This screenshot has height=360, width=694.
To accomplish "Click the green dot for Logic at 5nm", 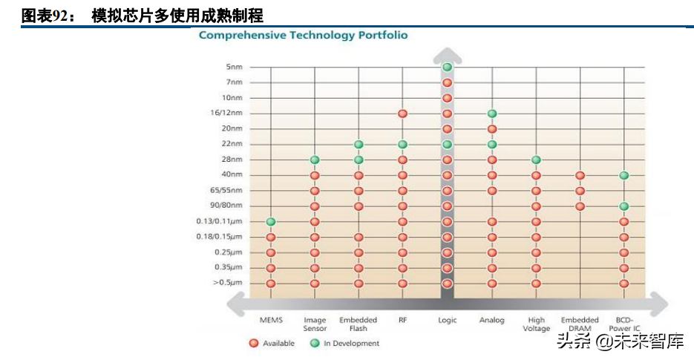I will coord(447,68).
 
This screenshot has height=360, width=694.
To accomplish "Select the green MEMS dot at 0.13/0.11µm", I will coord(271,221).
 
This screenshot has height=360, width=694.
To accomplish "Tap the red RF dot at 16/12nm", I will coord(402,114).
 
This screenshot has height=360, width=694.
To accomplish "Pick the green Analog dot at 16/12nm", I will coord(491,114).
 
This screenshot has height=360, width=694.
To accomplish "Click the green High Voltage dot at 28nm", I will coord(536,160).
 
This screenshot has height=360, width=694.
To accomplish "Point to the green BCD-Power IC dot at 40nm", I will coord(624,175).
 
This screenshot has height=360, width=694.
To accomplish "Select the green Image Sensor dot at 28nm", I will coord(315,160).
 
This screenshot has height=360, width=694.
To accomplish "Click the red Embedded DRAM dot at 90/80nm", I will coord(580,206).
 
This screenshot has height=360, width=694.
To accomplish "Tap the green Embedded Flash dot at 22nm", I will coord(359,144).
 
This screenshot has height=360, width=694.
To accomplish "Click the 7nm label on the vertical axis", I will coord(233,82).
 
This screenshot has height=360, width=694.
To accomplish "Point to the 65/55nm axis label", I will coord(227,190).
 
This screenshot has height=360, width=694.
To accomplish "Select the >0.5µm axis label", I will coord(227,283).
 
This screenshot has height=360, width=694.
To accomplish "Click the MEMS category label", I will coord(271,321).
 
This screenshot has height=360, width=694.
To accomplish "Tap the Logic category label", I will coord(447,321).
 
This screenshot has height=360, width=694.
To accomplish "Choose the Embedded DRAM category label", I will coord(580,324).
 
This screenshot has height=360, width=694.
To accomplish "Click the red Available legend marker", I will coord(253,344).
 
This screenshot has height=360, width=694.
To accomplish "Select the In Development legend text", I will coord(351,344).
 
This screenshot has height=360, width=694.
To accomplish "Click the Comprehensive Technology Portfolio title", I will coord(303,35).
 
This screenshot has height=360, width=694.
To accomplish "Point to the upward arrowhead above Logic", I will coord(447,54).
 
